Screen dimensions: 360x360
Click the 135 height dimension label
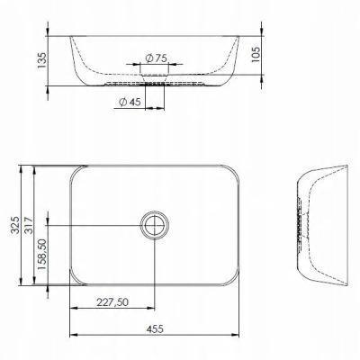pyautogui.click(x=42, y=60)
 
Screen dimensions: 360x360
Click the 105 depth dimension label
pyautogui.click(x=256, y=54)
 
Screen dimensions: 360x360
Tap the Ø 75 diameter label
pyautogui.click(x=156, y=58)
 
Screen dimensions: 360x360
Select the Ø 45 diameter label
pyautogui.click(x=130, y=102)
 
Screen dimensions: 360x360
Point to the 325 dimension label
pyautogui.click(x=15, y=225)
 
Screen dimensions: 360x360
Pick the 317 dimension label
pyautogui.click(x=29, y=225)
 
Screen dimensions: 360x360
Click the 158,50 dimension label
pyautogui.click(x=42, y=254)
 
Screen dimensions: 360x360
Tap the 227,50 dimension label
pyautogui.click(x=112, y=302)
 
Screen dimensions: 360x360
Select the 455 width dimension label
pyautogui.click(x=155, y=328)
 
